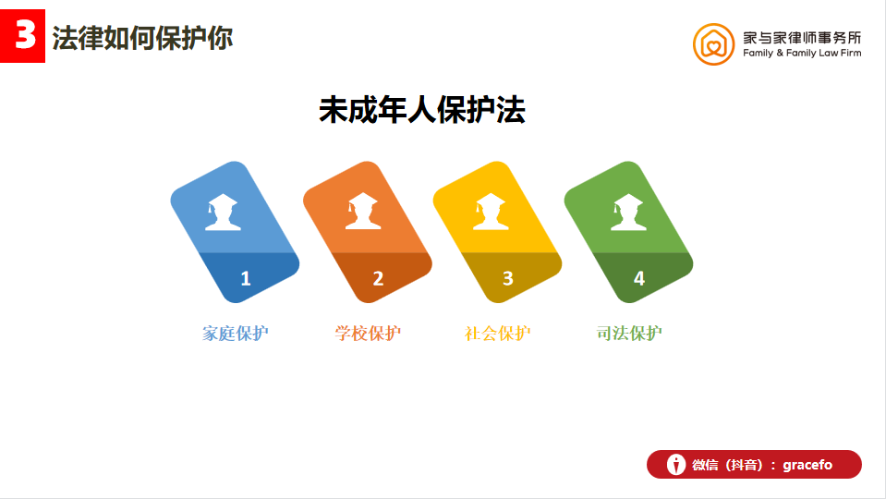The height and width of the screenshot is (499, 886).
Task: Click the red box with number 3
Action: pyautogui.click(x=22, y=36)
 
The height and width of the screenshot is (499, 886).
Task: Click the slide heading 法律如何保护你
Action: pyautogui.click(x=142, y=39)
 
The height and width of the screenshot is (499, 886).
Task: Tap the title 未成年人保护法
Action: pyautogui.click(x=422, y=110)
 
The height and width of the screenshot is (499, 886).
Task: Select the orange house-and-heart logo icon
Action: pyautogui.click(x=713, y=44)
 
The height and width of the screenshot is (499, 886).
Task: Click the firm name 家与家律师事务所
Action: pyautogui.click(x=802, y=38)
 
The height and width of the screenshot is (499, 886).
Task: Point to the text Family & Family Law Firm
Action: pyautogui.click(x=802, y=53)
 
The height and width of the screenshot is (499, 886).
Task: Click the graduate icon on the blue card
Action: pyautogui.click(x=223, y=212)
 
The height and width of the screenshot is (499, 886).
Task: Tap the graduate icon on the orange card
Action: pyautogui.click(x=363, y=211)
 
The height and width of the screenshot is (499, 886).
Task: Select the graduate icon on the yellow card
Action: pyautogui.click(x=491, y=212)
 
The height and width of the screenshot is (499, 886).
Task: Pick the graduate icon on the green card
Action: pyautogui.click(x=628, y=213)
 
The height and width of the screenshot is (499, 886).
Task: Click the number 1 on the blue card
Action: pyautogui.click(x=245, y=278)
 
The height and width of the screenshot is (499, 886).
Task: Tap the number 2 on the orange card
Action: pyautogui.click(x=378, y=278)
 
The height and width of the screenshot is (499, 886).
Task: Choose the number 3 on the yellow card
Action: pyautogui.click(x=508, y=278)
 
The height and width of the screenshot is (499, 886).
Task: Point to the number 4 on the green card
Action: pyautogui.click(x=639, y=278)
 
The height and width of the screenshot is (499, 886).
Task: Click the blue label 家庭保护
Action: pyautogui.click(x=235, y=334)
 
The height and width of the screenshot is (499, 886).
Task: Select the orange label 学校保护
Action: pyautogui.click(x=368, y=334)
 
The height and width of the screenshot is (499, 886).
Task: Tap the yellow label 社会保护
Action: pyautogui.click(x=497, y=334)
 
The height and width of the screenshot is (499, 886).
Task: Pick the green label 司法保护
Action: pyautogui.click(x=629, y=334)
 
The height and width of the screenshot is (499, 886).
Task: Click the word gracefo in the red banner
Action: pyautogui.click(x=807, y=465)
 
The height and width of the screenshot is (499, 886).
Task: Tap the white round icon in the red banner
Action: pyautogui.click(x=675, y=465)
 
